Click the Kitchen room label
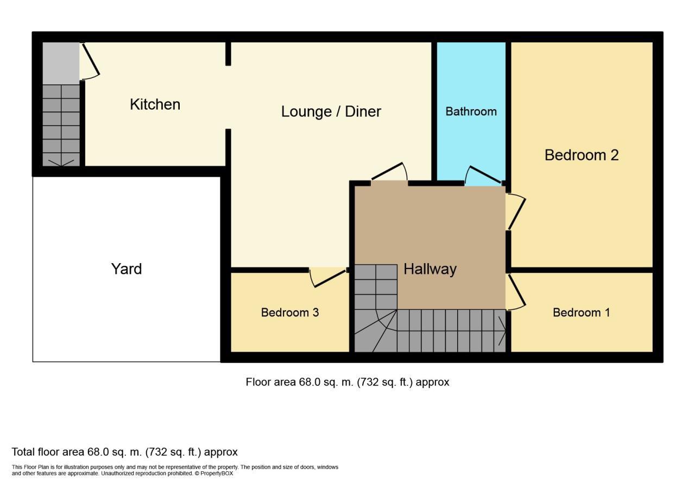click(155, 104)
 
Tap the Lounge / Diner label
click(331, 111)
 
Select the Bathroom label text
click(471, 111)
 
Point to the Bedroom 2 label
click(582, 155)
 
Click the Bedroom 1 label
click(581, 313)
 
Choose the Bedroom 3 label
click(289, 313)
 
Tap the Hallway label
click(430, 269)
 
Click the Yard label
click(126, 269)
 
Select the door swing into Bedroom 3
click(328, 277)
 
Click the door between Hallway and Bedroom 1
click(516, 292)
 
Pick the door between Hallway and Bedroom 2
click(516, 212)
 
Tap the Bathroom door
click(483, 175)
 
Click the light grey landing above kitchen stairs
click(61, 63)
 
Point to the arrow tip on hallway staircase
click(506, 329)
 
